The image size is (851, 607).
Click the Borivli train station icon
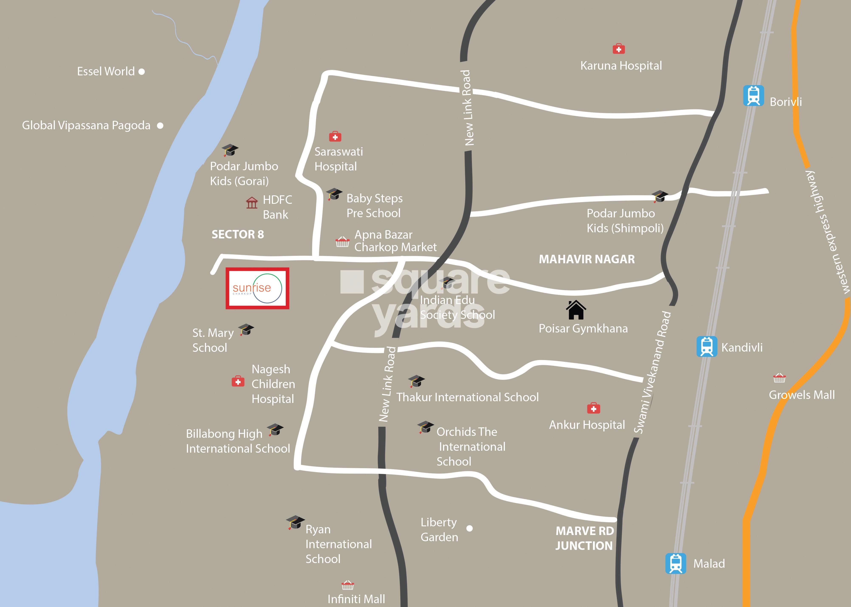pyautogui.click(x=753, y=96)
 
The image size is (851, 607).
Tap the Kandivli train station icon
pyautogui.click(x=707, y=346)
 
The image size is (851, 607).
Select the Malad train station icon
pyautogui.click(x=676, y=563)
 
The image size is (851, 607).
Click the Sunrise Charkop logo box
pyautogui.click(x=257, y=288)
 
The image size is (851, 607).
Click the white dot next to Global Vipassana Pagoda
pyautogui.click(x=160, y=126)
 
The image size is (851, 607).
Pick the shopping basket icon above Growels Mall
pyautogui.click(x=779, y=378)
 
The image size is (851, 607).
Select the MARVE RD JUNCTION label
pyautogui.click(x=584, y=538)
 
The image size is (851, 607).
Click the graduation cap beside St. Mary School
pyautogui.click(x=246, y=330)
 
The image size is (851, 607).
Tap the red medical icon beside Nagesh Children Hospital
pyautogui.click(x=238, y=382)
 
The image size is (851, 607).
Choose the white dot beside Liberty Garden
pyautogui.click(x=470, y=528)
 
